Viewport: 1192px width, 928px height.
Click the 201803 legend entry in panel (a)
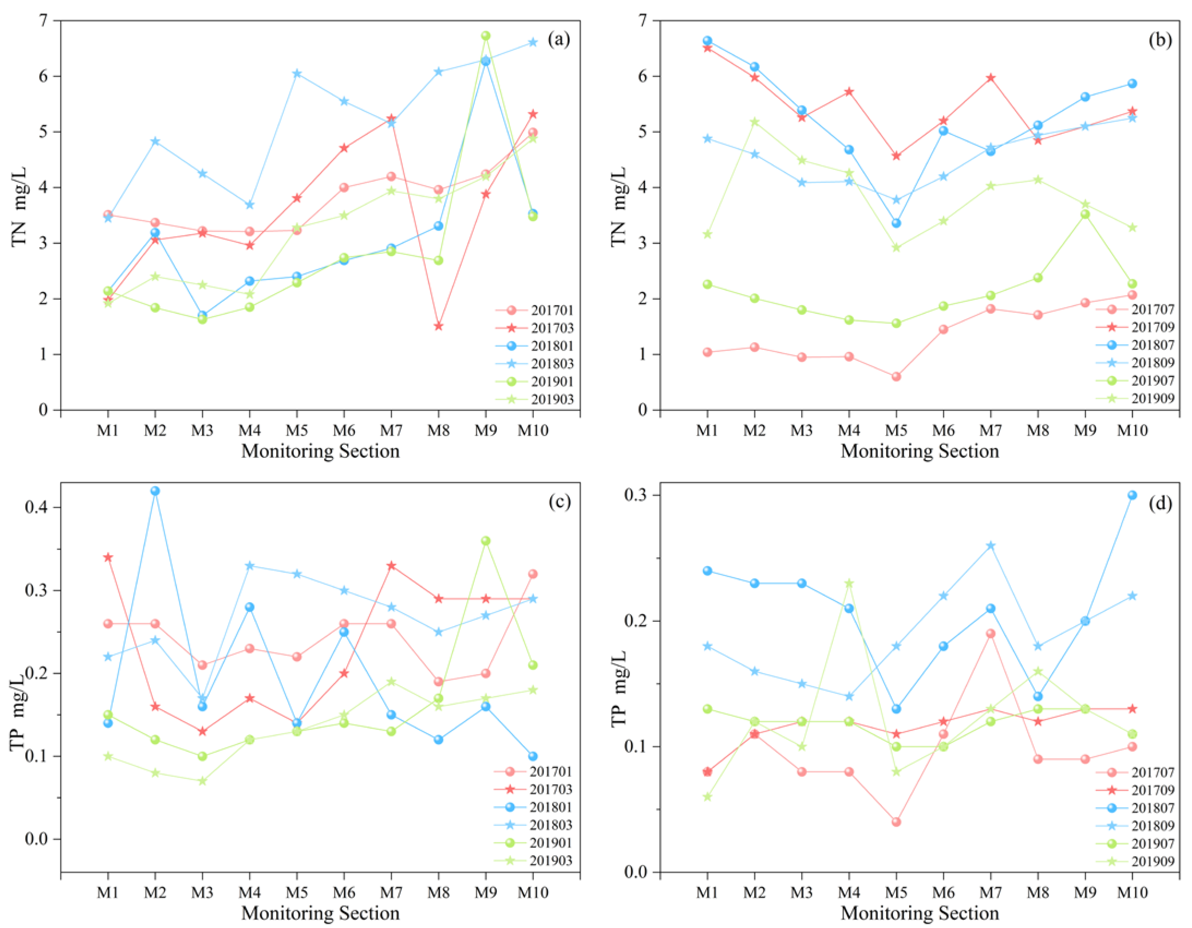tap(535, 363)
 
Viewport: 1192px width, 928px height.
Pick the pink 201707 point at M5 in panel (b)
tap(896, 377)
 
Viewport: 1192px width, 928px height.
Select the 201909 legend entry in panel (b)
tap(1135, 398)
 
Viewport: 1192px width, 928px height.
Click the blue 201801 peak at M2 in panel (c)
tap(155, 491)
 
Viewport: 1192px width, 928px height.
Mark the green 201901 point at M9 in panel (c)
tap(485, 541)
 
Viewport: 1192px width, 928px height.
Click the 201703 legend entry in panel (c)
tap(534, 789)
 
